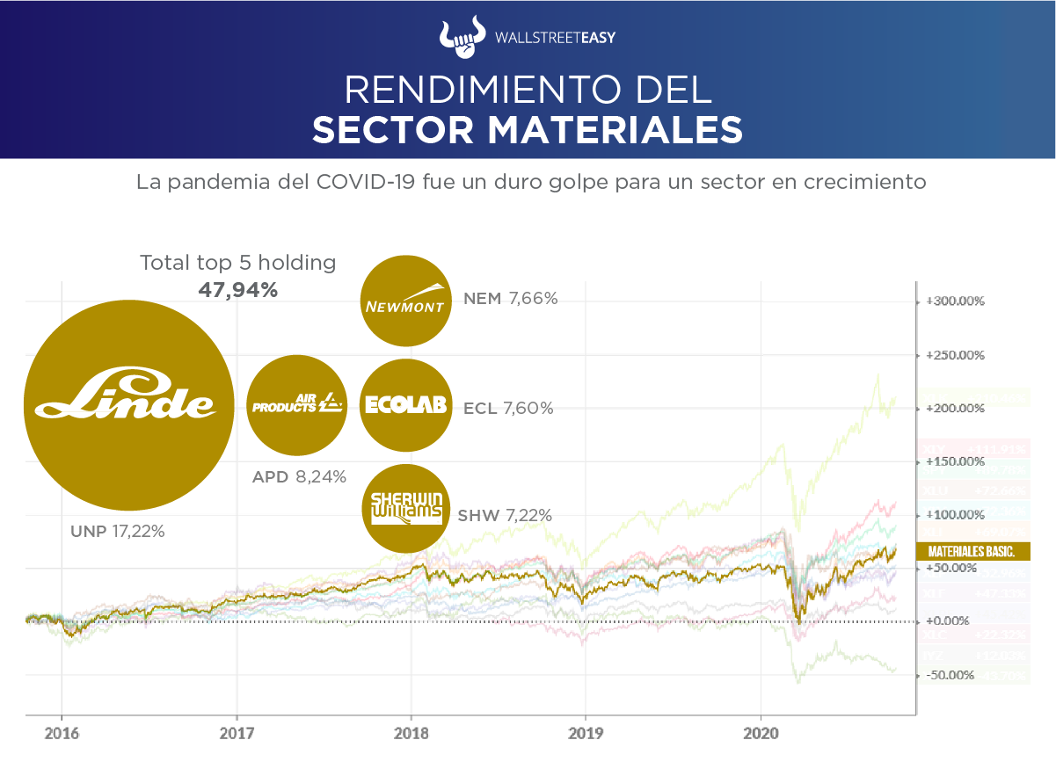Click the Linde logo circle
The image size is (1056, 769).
pyautogui.click(x=128, y=406)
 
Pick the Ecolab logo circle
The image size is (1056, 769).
pyautogui.click(x=406, y=405)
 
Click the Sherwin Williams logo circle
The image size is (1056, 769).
pyautogui.click(x=406, y=509)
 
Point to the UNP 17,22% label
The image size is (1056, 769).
pyautogui.click(x=117, y=531)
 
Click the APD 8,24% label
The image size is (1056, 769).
pyautogui.click(x=299, y=477)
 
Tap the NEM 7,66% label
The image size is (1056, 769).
pyautogui.click(x=510, y=299)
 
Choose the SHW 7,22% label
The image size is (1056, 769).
pyautogui.click(x=505, y=516)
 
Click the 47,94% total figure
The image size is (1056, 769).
pyautogui.click(x=237, y=290)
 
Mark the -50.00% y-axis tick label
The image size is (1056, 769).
pyautogui.click(x=950, y=675)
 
